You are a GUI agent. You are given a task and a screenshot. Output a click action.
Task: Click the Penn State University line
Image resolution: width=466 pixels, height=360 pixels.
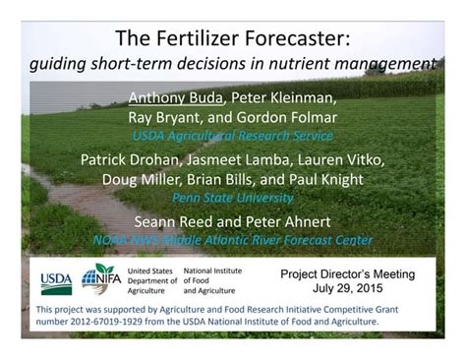point(232,198)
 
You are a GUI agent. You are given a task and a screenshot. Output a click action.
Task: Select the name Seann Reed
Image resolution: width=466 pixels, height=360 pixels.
point(178,220)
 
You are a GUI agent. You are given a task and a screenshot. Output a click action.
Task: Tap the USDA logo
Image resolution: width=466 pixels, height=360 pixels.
point(56,281)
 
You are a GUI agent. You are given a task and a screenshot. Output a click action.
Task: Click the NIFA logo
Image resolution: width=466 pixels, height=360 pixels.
point(100,280)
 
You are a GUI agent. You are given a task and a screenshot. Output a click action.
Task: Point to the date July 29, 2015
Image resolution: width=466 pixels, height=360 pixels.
point(347,290)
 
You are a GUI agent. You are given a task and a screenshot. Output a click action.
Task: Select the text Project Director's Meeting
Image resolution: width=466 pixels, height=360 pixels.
point(347,274)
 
